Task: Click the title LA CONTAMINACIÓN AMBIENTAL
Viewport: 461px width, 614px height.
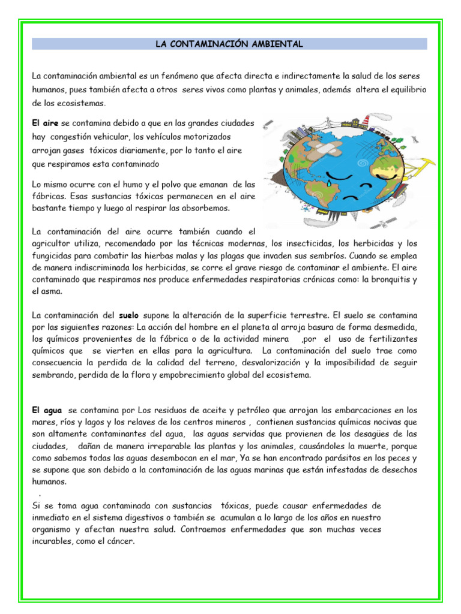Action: (x=229, y=44)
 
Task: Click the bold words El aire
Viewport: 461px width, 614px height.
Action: (x=45, y=122)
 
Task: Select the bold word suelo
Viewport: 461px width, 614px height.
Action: (x=129, y=314)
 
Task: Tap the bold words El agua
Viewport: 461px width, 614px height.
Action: (x=47, y=410)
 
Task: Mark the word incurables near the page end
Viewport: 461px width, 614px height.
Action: (x=53, y=540)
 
